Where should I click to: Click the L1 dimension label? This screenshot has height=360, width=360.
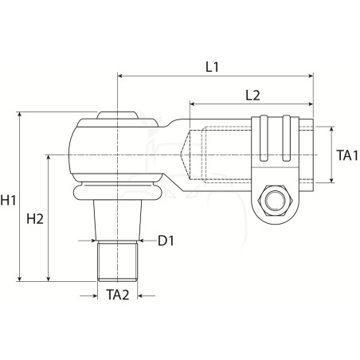coord(212,67)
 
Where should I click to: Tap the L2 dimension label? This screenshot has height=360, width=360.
coord(252,96)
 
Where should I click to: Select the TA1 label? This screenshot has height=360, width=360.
coord(347,155)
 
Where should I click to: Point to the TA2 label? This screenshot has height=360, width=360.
coord(118,295)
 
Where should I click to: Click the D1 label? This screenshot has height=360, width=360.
coord(166,241)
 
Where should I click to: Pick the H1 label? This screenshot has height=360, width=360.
coord(8,200)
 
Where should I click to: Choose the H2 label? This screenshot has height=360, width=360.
coord(35,219)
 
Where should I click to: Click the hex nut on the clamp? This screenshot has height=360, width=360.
coord(275,200)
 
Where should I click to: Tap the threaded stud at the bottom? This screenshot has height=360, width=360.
coord(118,261)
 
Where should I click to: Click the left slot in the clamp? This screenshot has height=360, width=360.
coord(264,138)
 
